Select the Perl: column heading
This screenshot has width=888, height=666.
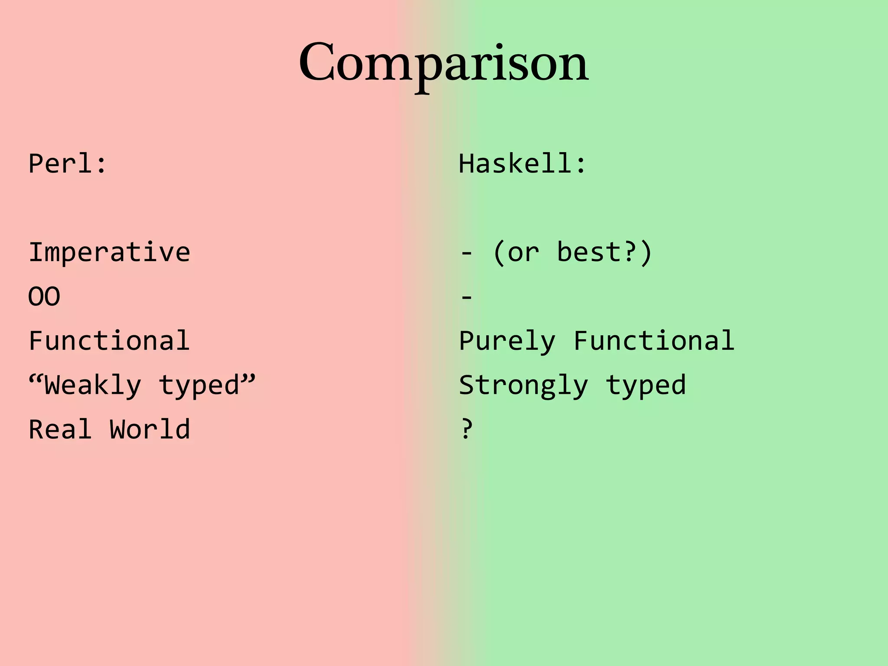(x=67, y=164)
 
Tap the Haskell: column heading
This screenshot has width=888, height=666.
(x=522, y=164)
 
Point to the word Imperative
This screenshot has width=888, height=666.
(x=109, y=252)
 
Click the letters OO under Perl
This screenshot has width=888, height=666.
(x=44, y=297)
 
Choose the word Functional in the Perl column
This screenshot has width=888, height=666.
(x=109, y=341)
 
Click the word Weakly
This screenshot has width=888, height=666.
(x=93, y=385)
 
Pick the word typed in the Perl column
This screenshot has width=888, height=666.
(x=199, y=385)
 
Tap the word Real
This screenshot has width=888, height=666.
(x=60, y=429)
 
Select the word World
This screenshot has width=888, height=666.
(x=150, y=429)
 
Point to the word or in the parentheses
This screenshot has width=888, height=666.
(x=523, y=252)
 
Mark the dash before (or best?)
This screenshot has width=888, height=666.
(x=467, y=252)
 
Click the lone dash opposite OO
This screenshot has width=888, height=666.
(x=467, y=297)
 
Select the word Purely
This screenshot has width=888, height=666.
(x=507, y=342)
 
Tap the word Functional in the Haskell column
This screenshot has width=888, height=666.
(x=654, y=341)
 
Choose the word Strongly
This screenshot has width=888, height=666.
(x=523, y=385)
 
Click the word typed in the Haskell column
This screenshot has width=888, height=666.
(x=646, y=385)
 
